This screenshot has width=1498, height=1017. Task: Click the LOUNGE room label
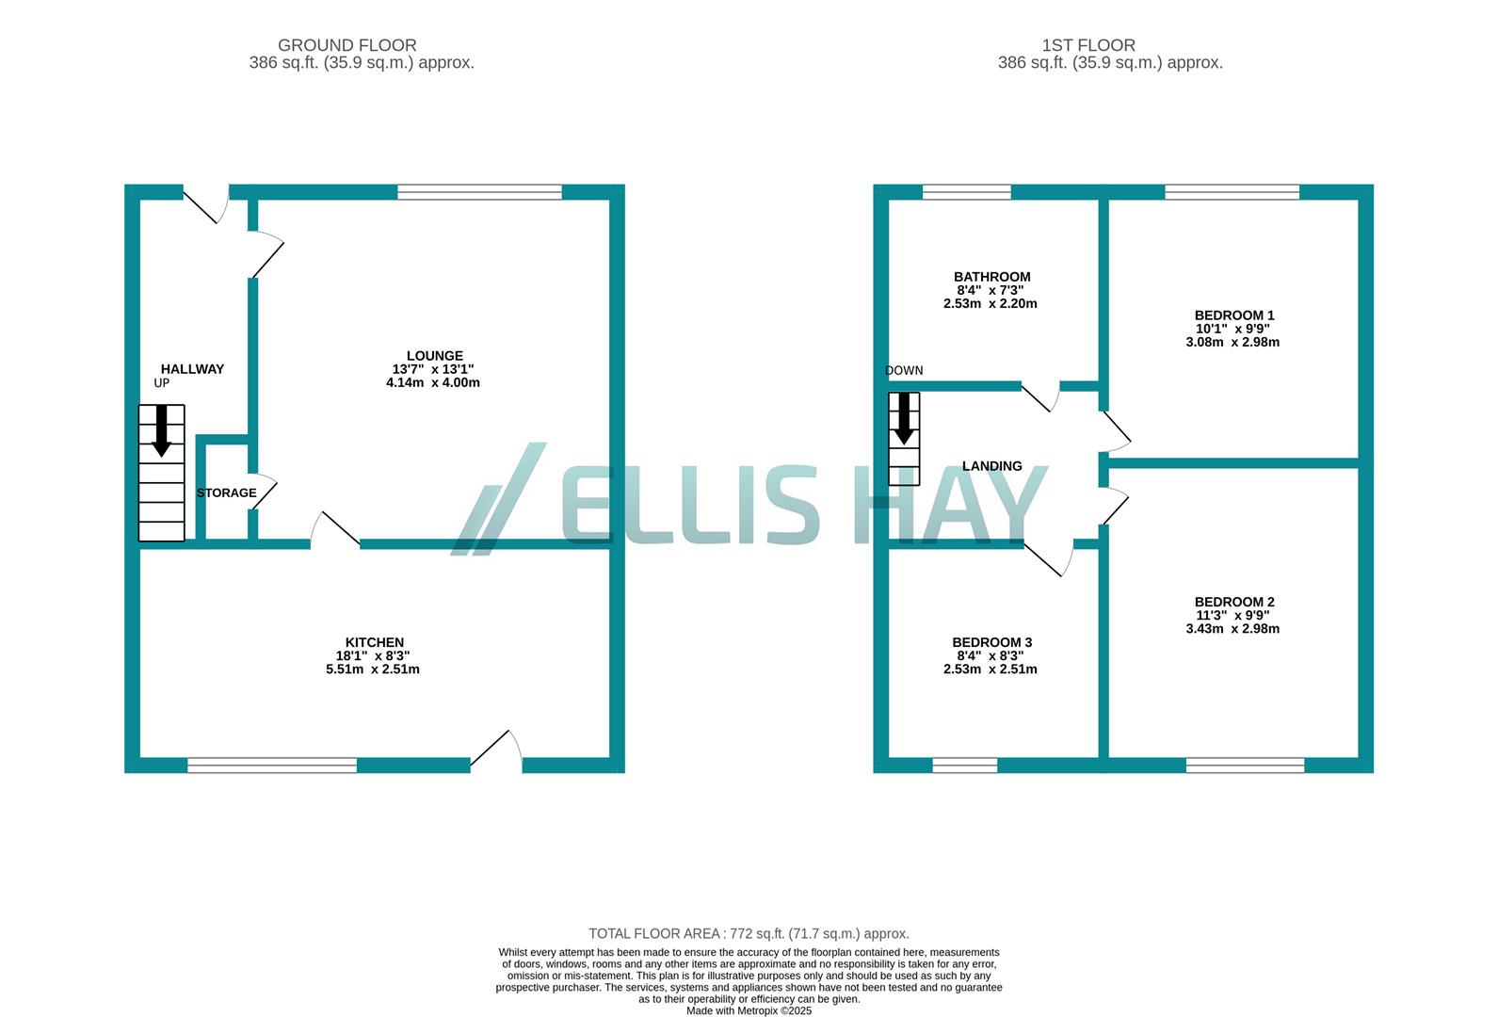(x=434, y=356)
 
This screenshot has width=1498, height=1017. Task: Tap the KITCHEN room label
(x=374, y=642)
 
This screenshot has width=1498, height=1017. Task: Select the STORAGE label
(x=226, y=492)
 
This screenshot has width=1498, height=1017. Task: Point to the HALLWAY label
(x=192, y=369)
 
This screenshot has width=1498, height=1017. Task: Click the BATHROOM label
(x=991, y=277)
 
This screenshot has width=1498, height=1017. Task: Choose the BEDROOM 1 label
(x=1233, y=315)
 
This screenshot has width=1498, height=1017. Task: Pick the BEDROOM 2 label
(x=1233, y=602)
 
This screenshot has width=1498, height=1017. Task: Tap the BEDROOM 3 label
(x=991, y=642)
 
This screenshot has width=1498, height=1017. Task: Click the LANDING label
(x=991, y=466)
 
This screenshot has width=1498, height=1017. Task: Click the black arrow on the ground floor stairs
(x=162, y=430)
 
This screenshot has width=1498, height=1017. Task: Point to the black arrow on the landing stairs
(x=904, y=418)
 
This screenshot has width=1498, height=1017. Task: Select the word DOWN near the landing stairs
(x=904, y=370)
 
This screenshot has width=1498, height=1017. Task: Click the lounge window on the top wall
(x=479, y=192)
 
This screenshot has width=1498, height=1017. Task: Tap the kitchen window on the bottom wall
(x=272, y=766)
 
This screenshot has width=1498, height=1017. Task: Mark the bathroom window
(x=966, y=192)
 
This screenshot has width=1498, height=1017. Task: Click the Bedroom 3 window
(x=964, y=766)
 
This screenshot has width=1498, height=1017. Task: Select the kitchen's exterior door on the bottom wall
(x=496, y=753)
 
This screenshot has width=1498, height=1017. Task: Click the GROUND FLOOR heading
(x=346, y=45)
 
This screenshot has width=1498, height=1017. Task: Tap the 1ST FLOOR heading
(x=1087, y=45)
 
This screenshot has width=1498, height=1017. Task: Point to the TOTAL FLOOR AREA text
(x=749, y=934)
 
